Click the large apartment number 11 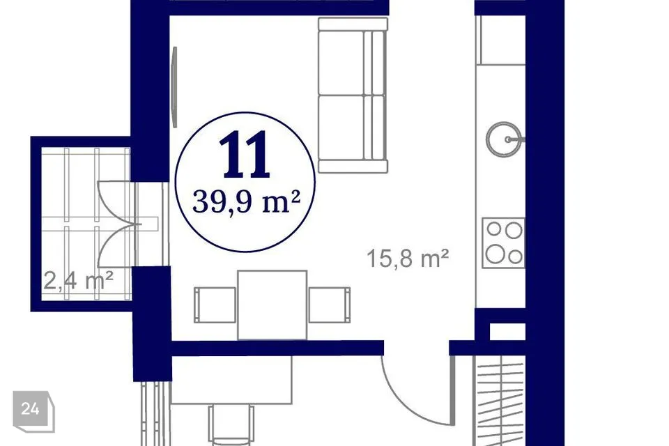click(245, 154)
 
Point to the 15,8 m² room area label click(408, 259)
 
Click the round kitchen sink click(504, 139)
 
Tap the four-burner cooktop click(503, 243)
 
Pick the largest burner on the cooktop click(495, 254)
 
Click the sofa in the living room click(353, 95)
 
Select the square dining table click(272, 305)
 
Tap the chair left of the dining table click(215, 305)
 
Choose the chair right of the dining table click(330, 305)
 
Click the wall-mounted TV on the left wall click(174, 87)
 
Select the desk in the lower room click(231, 380)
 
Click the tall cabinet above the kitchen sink click(500, 40)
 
